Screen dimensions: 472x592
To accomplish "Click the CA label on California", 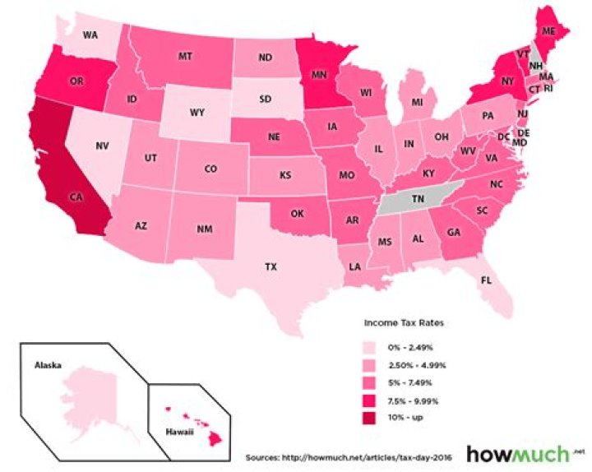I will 76,197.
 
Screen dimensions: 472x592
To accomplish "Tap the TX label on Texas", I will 271,267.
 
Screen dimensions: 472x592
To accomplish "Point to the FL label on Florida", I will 486,280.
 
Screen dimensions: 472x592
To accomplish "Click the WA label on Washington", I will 90,35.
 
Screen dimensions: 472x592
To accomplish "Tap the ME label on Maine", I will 549,30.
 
